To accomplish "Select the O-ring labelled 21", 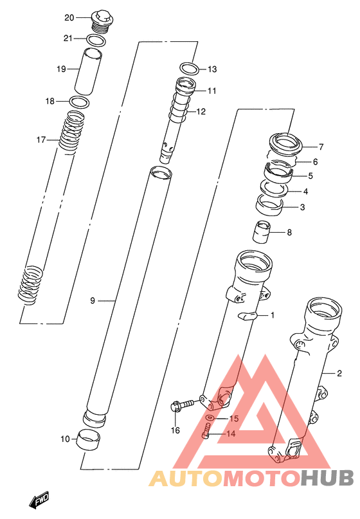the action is (x=96, y=40).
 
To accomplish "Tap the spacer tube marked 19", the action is (x=87, y=72).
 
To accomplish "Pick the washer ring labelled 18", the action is (x=80, y=103).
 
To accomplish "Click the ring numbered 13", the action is (x=189, y=69).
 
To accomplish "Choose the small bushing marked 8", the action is (x=262, y=232).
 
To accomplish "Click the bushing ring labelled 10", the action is (x=89, y=439).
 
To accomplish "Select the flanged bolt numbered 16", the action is (x=181, y=405).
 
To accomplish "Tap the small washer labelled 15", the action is (x=210, y=418).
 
